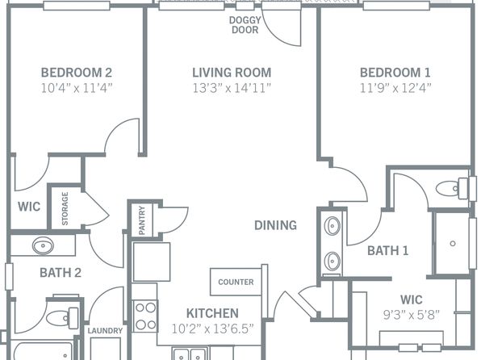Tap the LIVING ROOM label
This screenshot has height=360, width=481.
pyautogui.click(x=231, y=72)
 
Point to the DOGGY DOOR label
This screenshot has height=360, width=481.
pyautogui.click(x=245, y=25)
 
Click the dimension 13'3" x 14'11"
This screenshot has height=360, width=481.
pyautogui.click(x=231, y=86)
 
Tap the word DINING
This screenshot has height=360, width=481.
pyautogui.click(x=275, y=225)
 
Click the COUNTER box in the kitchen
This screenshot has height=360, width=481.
pyautogui.click(x=236, y=282)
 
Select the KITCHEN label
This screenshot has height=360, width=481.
pyautogui.click(x=212, y=313)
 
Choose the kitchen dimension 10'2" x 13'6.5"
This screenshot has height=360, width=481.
pyautogui.click(x=212, y=328)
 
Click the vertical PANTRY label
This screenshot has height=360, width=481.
pyautogui.click(x=141, y=220)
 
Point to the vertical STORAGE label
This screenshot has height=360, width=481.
pyautogui.click(x=65, y=208)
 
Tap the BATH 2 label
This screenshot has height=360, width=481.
pyautogui.click(x=61, y=273)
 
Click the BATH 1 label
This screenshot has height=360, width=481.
pyautogui.click(x=387, y=250)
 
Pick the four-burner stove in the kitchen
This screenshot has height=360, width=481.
pyautogui.click(x=145, y=316)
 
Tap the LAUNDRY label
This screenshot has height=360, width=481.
pyautogui.click(x=105, y=331)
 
